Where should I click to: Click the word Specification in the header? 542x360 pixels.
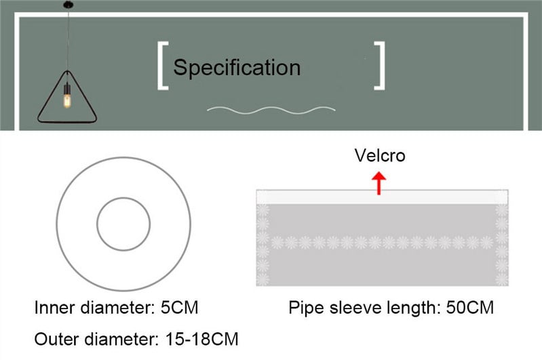click(x=237, y=68)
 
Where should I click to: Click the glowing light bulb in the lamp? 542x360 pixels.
click(x=67, y=100)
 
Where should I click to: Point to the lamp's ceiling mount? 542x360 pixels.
click(x=69, y=5)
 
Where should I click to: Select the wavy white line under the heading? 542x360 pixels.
click(x=271, y=111)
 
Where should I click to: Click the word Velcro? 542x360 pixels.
click(x=380, y=155)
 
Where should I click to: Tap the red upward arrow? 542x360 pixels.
click(x=379, y=183)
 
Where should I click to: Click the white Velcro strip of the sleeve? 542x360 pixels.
click(x=382, y=197)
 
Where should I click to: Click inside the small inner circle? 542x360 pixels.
click(x=123, y=224)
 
